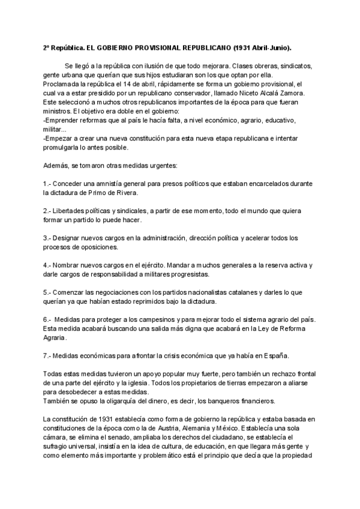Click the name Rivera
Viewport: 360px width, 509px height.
pyautogui.click(x=124, y=193)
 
